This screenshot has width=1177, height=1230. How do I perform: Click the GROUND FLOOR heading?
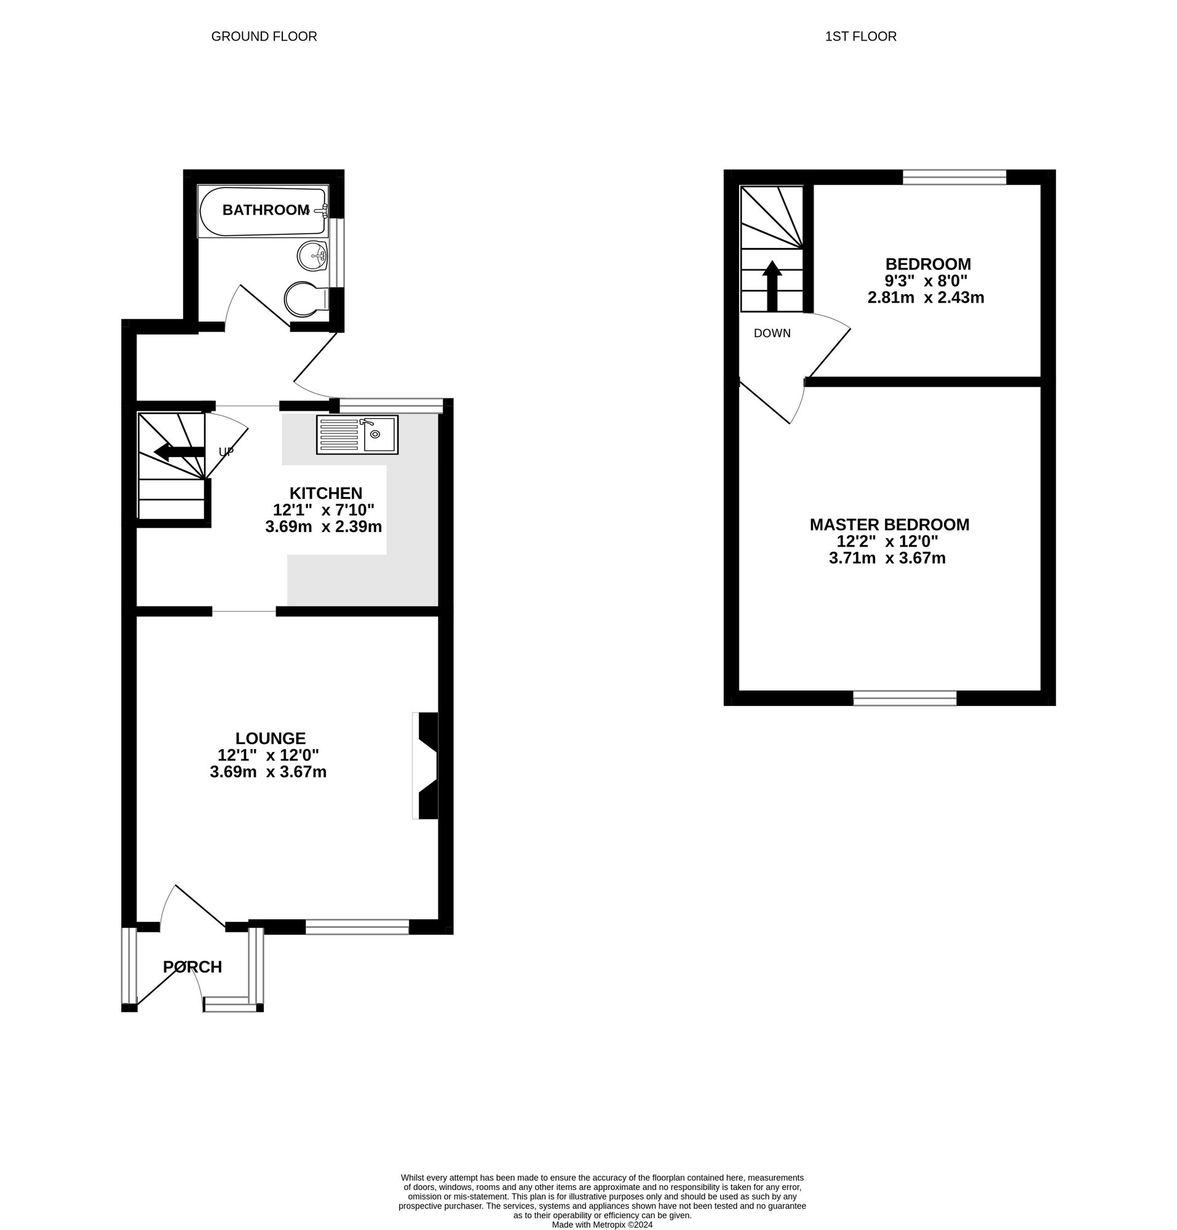[264, 36]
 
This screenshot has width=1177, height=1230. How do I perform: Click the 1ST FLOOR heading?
[860, 36]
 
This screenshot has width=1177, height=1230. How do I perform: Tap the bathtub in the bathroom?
[262, 211]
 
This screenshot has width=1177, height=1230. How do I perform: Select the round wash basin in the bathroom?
[312, 255]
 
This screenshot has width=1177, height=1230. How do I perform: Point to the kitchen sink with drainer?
[357, 434]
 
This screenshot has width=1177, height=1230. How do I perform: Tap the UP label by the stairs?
[226, 452]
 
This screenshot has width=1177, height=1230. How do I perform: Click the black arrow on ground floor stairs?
[179, 451]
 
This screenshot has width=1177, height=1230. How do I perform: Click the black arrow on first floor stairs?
[772, 285]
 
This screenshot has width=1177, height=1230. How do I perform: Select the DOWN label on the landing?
[772, 333]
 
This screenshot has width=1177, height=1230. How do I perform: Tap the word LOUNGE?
[271, 738]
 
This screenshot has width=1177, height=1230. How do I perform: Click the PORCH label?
[192, 967]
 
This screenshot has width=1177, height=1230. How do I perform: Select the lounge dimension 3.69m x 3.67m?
[268, 772]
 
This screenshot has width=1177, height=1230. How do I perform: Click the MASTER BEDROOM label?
[889, 525]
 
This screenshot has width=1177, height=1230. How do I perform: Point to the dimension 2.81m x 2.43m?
[925, 298]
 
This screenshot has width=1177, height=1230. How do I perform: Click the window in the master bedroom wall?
[905, 698]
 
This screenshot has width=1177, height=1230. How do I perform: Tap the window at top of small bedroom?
[954, 177]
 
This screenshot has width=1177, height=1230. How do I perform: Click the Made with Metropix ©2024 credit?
[601, 1224]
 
